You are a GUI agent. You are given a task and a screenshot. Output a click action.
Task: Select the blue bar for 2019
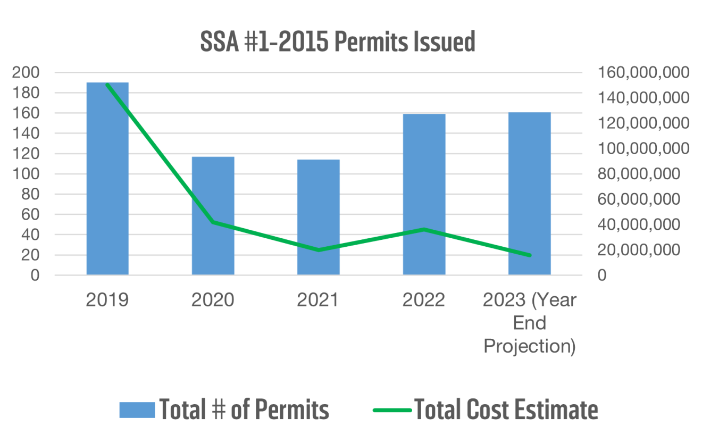107,181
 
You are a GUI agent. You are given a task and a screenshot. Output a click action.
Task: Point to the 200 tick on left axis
27,73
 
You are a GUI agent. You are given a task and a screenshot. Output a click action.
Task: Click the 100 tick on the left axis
27,174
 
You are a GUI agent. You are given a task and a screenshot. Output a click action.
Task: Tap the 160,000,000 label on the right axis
643,73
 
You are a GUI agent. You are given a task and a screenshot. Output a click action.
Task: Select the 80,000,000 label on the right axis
643,174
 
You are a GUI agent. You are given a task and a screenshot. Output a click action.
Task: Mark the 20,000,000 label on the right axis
643,250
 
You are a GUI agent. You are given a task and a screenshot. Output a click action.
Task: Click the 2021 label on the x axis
318,300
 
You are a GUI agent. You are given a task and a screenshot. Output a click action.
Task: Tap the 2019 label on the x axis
107,300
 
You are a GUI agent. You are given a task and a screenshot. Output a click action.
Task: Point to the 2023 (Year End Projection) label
529,323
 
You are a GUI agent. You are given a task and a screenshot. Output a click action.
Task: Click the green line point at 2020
213,222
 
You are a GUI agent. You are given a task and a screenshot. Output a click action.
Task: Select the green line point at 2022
424,229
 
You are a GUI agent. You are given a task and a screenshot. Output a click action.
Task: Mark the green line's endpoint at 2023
529,255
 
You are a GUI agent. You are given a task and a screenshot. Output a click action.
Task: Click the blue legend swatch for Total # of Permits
137,410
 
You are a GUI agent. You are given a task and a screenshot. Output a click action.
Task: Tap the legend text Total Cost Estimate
506,410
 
